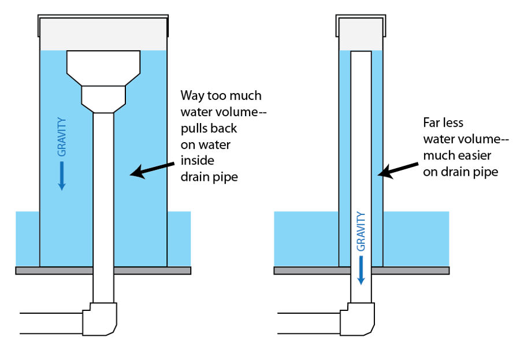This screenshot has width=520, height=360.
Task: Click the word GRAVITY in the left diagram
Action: click(62, 136)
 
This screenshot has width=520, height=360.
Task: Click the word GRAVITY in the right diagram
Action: click(361, 231)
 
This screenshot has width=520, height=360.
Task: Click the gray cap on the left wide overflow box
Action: click(103, 34)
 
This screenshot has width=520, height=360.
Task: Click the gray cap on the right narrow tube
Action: click(361, 32)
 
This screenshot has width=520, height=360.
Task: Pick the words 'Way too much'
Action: click(221, 95)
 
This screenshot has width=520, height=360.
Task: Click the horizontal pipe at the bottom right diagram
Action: click(309, 323)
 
